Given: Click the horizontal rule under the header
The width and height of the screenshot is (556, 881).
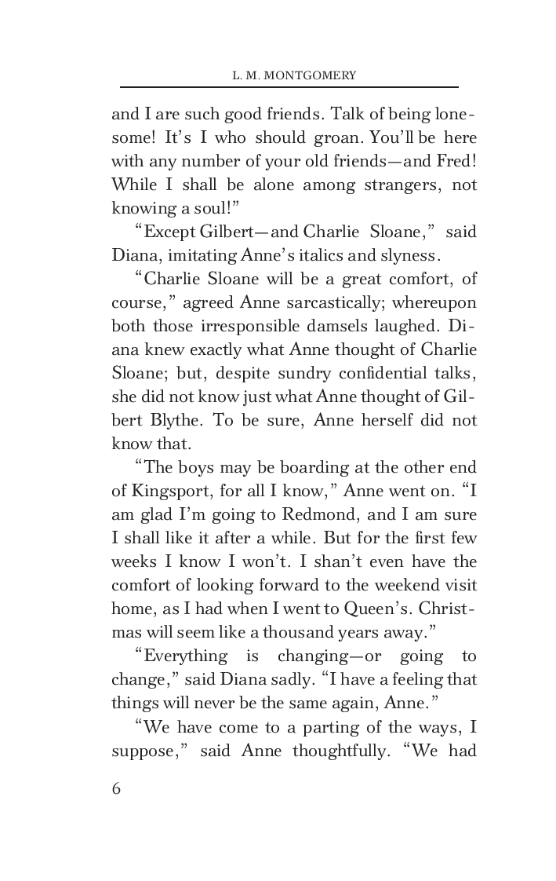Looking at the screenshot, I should pyautogui.click(x=289, y=87).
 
